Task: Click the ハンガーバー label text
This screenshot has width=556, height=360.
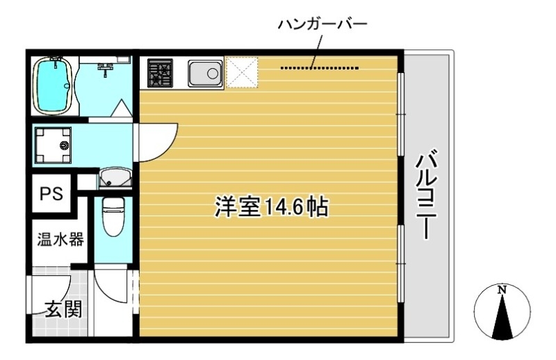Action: pos(321,24)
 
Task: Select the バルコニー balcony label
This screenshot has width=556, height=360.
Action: pos(425,195)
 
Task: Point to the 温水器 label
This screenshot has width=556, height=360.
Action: pos(60,240)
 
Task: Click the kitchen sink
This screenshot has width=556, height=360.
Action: pos(205,72)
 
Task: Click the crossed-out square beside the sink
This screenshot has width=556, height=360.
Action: pos(243,72)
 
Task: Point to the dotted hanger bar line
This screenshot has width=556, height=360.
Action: pos(320,68)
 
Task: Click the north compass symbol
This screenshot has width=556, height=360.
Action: pos(502,313)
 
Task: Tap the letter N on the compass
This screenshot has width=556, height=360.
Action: pos(502,289)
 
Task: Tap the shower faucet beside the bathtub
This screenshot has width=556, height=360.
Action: pos(106,68)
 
